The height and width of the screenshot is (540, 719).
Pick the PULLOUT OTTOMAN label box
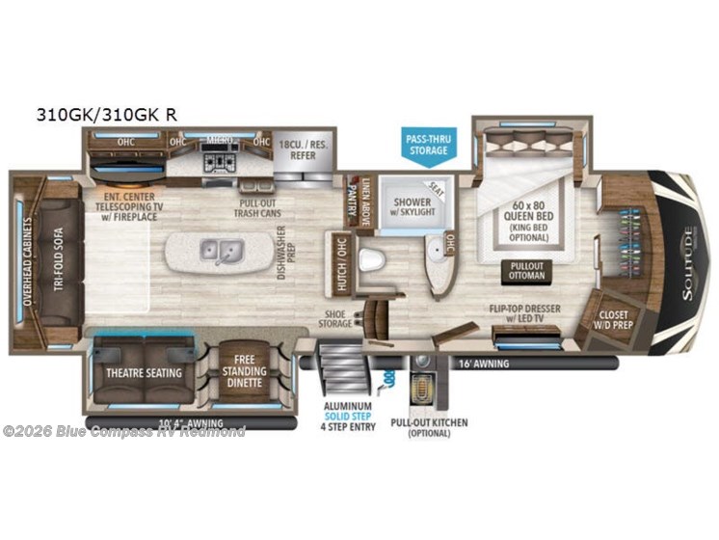click(x=526, y=271)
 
